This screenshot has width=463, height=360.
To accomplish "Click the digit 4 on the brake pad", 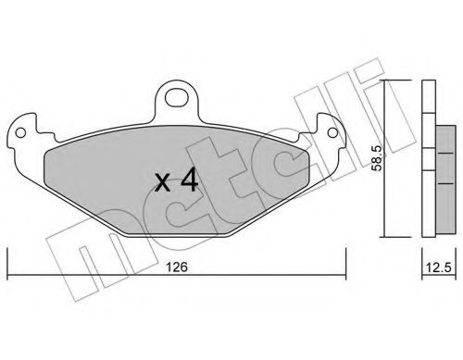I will click(x=189, y=181).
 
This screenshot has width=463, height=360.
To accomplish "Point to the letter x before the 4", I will click(x=160, y=183).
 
